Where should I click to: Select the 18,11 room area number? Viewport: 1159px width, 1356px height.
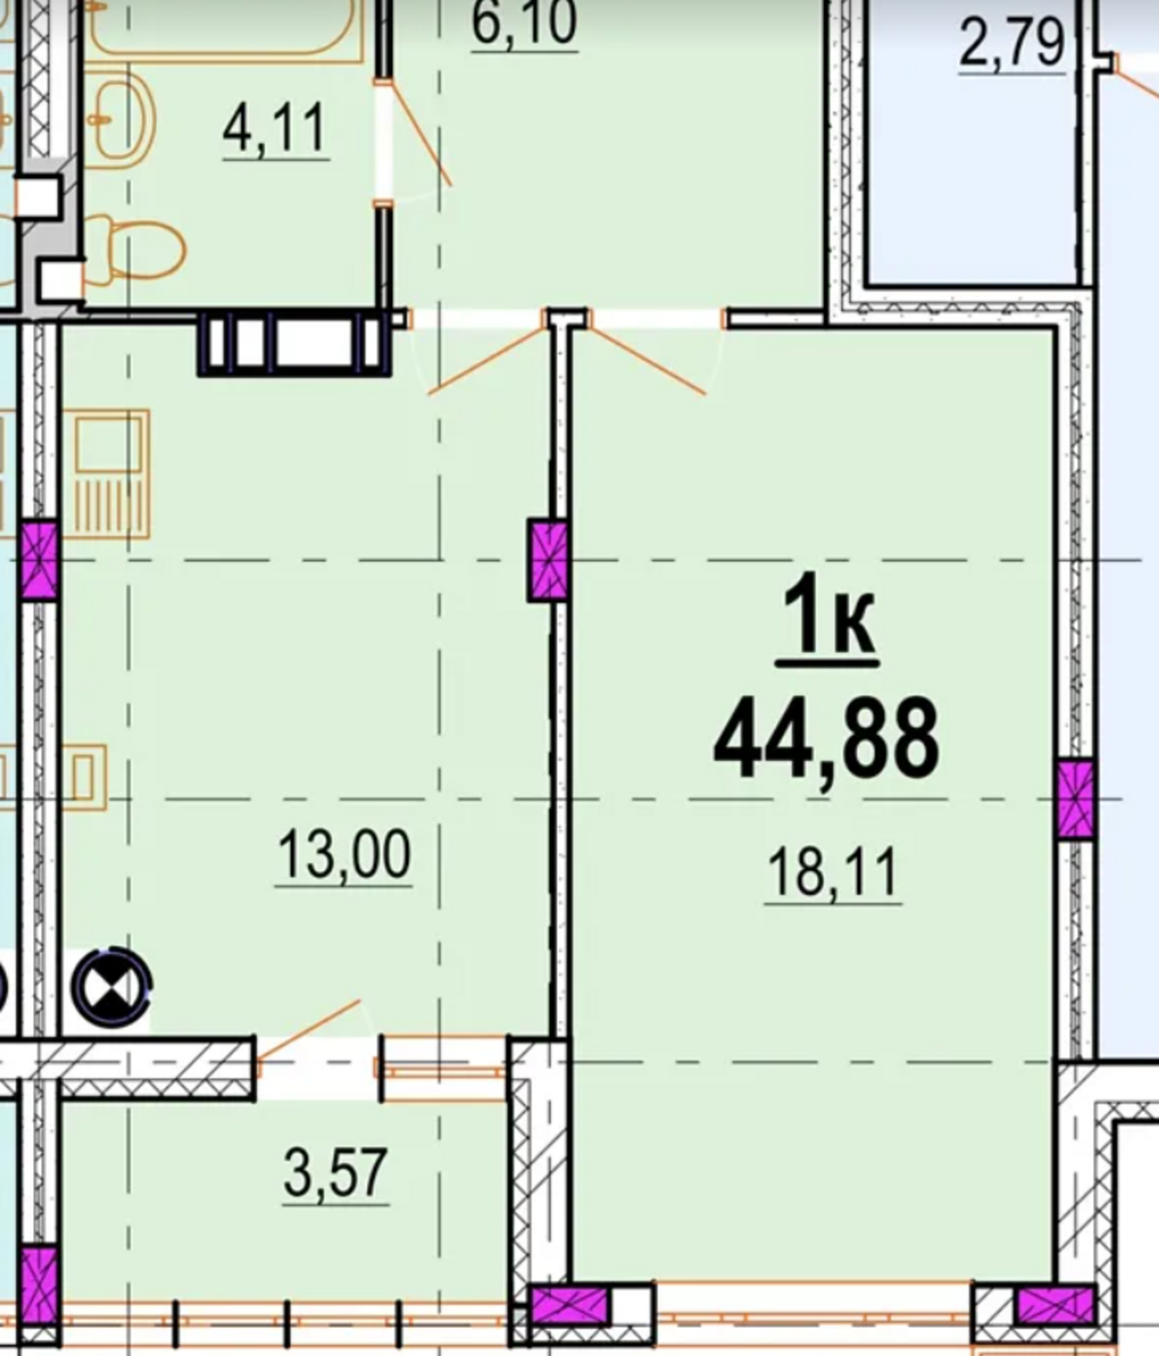(x=833, y=874)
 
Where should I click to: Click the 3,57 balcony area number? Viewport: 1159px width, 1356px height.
(x=336, y=1173)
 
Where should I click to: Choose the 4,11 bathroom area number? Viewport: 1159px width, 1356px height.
(x=275, y=129)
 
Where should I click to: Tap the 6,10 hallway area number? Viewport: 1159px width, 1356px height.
(x=524, y=23)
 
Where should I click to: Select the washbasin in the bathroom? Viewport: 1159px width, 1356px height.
(x=123, y=120)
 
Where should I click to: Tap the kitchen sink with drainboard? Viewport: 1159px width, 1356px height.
(x=112, y=475)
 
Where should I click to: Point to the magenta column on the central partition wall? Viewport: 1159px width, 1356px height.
(x=548, y=560)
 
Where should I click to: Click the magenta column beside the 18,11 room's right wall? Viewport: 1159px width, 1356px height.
(x=1076, y=800)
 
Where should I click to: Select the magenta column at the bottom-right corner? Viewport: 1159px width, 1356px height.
(x=1055, y=1305)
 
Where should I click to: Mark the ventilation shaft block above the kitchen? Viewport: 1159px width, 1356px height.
(x=294, y=342)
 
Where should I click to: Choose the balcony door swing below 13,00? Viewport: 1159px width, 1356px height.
(x=309, y=1029)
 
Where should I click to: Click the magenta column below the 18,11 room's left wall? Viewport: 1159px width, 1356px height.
(x=570, y=1305)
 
